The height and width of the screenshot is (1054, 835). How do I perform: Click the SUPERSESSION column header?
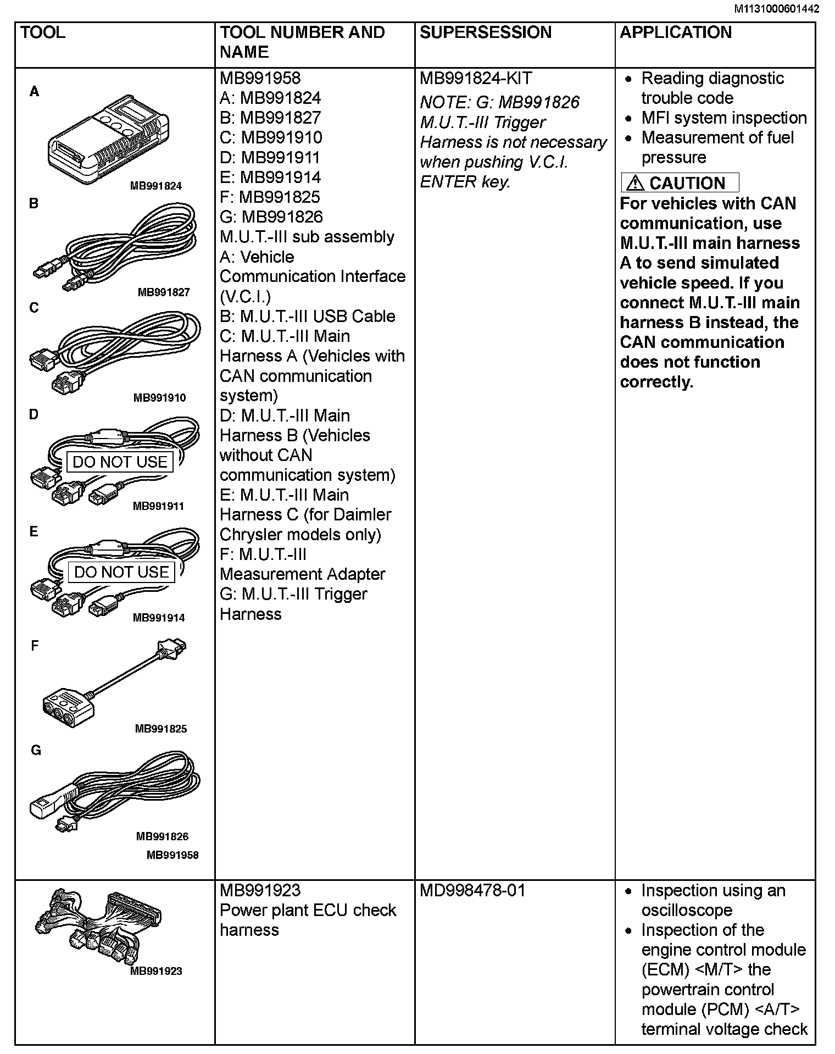pyautogui.click(x=485, y=32)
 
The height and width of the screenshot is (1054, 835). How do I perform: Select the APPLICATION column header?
pyautogui.click(x=675, y=32)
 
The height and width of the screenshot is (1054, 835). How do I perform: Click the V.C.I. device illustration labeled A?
pyautogui.click(x=108, y=140)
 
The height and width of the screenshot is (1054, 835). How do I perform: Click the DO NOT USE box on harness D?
pyautogui.click(x=120, y=462)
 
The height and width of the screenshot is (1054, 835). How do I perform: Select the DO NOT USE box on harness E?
pyautogui.click(x=121, y=572)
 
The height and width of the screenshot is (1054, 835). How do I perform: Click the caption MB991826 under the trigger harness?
pyautogui.click(x=162, y=836)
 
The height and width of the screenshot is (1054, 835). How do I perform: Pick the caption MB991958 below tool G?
pyautogui.click(x=172, y=855)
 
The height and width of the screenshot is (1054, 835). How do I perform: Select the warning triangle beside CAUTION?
pyautogui.click(x=634, y=182)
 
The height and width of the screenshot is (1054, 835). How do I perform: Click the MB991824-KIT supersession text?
pyautogui.click(x=475, y=78)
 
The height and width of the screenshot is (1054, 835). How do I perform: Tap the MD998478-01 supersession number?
pyautogui.click(x=472, y=890)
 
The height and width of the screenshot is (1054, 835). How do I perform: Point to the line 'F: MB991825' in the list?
pyautogui.click(x=269, y=197)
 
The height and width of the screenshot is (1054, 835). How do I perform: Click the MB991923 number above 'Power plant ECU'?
pyautogui.click(x=260, y=890)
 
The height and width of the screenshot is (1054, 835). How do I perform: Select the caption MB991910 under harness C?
pyautogui.click(x=159, y=398)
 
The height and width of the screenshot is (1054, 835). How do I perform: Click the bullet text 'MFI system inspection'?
pyautogui.click(x=723, y=118)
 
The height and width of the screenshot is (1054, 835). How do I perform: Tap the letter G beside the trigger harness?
pyautogui.click(x=36, y=750)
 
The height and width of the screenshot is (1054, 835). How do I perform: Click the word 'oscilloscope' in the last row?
pyautogui.click(x=686, y=910)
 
